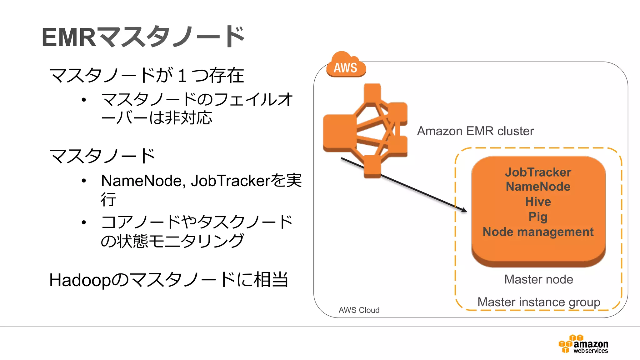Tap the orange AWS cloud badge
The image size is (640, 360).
[x=346, y=66]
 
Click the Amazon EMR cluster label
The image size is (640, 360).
[x=475, y=131]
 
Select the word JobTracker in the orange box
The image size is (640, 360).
[x=538, y=172]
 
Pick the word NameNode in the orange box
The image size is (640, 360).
[x=538, y=187]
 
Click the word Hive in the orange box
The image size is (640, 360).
[x=538, y=202]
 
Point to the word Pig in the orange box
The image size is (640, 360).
[x=538, y=217]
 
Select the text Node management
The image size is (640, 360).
[x=538, y=232]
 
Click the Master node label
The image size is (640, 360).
[x=538, y=279]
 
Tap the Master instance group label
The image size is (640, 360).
[x=538, y=302]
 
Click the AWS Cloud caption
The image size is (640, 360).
[x=359, y=310]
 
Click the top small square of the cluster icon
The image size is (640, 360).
[x=372, y=92]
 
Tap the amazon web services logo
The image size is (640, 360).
[x=583, y=344]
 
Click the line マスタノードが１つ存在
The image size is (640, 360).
[x=146, y=76]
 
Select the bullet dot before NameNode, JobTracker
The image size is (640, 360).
[x=83, y=181]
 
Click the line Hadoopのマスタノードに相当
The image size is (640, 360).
[x=169, y=280]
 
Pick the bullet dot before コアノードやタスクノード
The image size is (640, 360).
[x=83, y=222]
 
